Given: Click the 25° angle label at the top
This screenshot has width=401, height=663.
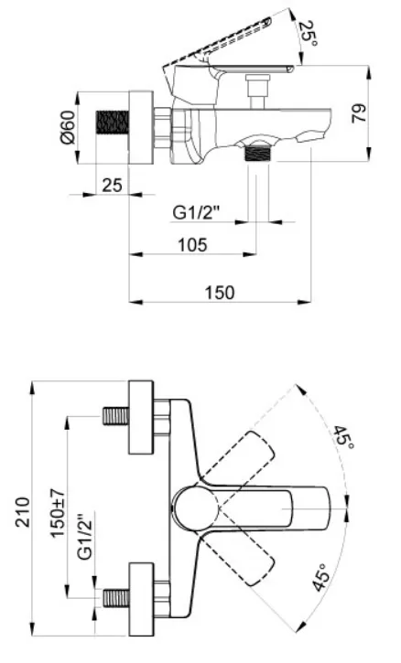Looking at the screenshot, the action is [309, 34].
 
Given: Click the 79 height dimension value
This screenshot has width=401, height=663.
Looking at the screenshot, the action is [360, 112].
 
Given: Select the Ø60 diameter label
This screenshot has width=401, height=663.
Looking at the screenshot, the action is [68, 126].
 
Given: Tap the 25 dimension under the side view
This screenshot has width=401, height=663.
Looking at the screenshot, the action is [112, 185].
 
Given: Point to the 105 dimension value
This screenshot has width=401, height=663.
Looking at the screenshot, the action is [192, 244].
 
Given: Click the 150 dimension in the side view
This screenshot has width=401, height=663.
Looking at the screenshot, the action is [220, 293].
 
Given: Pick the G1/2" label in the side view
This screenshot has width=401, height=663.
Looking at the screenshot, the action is [197, 212].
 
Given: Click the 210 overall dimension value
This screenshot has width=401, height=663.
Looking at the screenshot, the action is [23, 512].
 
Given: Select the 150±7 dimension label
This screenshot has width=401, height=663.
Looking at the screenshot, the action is [58, 512].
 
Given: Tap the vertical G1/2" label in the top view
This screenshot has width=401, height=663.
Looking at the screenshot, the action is [85, 536].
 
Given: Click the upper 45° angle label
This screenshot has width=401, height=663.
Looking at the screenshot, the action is [343, 438].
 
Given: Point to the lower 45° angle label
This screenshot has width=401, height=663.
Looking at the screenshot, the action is [321, 577].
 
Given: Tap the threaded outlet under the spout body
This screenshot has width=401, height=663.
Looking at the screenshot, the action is [257, 153].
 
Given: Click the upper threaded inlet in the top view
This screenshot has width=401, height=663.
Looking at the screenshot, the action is [115, 416].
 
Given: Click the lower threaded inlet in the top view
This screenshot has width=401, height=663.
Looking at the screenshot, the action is [115, 598].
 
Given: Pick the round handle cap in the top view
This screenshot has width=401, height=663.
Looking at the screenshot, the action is [195, 508].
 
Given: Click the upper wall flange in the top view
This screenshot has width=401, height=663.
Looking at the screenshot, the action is [141, 417].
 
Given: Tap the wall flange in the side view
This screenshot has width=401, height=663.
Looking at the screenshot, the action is [141, 127].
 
